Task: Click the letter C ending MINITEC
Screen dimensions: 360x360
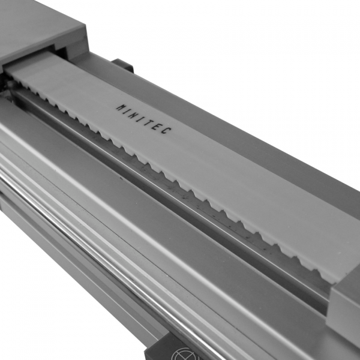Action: tap(168, 131)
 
